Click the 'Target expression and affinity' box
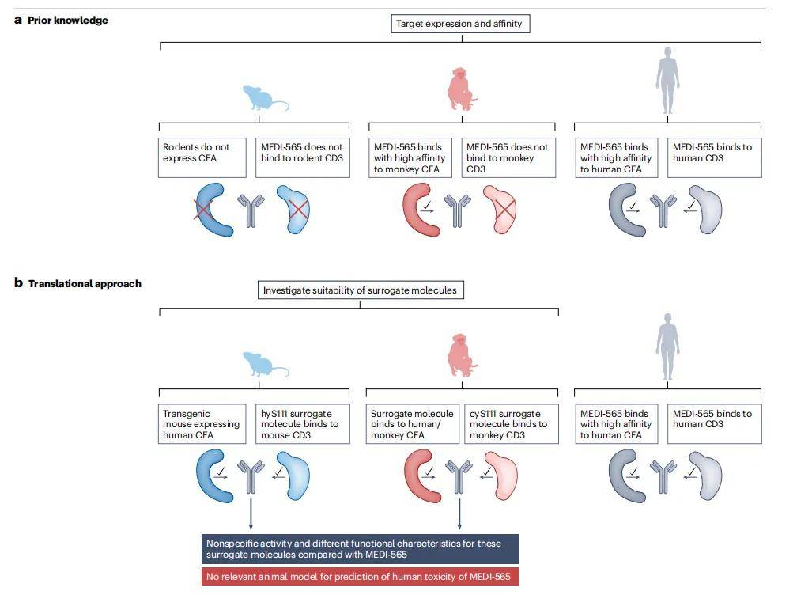click(x=460, y=24)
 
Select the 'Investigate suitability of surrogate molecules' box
click(x=361, y=290)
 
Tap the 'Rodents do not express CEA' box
click(x=202, y=157)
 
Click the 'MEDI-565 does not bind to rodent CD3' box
click(x=302, y=157)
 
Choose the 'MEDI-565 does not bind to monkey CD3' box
click(x=508, y=157)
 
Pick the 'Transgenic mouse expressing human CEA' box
click(x=202, y=424)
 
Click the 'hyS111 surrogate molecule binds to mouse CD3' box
click(x=302, y=424)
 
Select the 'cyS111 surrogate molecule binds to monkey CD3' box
click(x=512, y=424)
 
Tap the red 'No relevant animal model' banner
click(x=360, y=577)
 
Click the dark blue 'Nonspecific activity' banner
click(x=360, y=549)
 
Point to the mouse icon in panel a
click(x=266, y=98)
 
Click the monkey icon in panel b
click(x=462, y=355)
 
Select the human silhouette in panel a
click(x=667, y=81)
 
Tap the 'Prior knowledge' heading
click(x=68, y=21)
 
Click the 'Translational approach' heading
click(x=85, y=284)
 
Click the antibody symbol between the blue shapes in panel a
click(x=251, y=210)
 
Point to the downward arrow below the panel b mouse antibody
click(x=251, y=514)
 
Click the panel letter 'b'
click(x=19, y=282)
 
